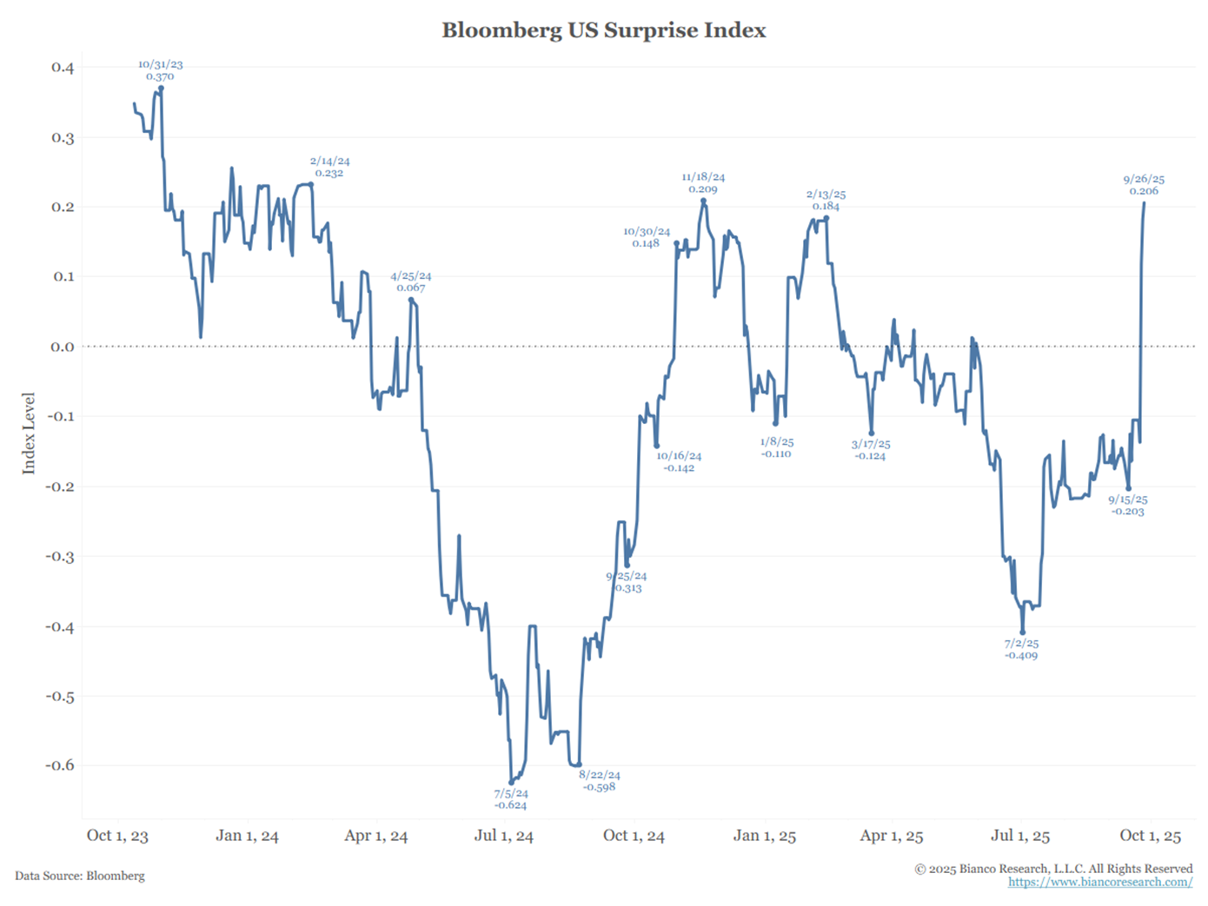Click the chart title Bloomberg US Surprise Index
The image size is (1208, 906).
(x=603, y=30)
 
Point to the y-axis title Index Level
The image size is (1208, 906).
(x=30, y=433)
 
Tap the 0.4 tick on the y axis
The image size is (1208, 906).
(x=63, y=68)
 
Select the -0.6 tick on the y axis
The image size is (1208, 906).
(x=60, y=765)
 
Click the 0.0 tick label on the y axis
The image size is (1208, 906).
(x=63, y=347)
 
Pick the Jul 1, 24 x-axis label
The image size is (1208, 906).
(x=504, y=836)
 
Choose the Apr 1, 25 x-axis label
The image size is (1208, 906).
(x=892, y=836)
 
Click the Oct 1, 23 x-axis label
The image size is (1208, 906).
(x=117, y=836)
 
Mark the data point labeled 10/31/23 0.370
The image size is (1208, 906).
(x=161, y=89)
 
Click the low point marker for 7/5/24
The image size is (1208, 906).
(x=511, y=782)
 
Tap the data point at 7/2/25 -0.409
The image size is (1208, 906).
(x=1023, y=632)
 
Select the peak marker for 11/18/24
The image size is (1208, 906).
(x=703, y=202)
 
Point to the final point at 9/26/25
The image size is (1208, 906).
(x=1144, y=203)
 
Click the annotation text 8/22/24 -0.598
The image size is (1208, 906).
(x=600, y=781)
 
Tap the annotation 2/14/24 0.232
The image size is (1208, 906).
(x=329, y=167)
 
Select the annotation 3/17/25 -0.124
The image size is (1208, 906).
(x=871, y=450)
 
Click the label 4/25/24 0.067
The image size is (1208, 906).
(x=410, y=281)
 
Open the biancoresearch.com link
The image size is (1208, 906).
(x=1100, y=883)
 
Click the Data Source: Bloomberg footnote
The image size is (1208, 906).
(x=80, y=876)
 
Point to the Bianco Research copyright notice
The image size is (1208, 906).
(x=1053, y=869)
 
